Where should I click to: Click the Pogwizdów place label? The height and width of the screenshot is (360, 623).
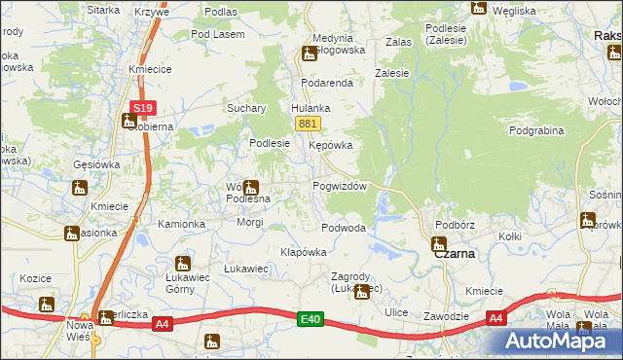click(339, 186)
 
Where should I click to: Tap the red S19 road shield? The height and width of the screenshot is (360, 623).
click(142, 107)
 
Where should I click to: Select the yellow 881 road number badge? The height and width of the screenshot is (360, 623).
click(308, 124)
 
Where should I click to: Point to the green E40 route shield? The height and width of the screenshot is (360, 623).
click(311, 318)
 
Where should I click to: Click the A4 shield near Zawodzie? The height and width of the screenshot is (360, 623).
click(495, 318)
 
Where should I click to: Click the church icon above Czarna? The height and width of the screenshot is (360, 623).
click(438, 242)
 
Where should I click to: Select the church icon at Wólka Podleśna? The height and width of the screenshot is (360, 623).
click(250, 187)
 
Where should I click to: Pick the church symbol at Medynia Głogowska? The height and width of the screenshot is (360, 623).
click(309, 54)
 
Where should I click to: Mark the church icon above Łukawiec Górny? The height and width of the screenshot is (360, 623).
click(182, 263)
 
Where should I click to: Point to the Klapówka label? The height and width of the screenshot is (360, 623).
click(303, 251)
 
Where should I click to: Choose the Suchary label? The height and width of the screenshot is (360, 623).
click(245, 108)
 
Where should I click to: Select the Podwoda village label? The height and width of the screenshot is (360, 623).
click(344, 228)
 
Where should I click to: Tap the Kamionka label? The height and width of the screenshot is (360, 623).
click(182, 224)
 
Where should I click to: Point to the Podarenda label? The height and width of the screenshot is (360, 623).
click(326, 83)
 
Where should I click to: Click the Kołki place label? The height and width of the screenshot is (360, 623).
click(510, 236)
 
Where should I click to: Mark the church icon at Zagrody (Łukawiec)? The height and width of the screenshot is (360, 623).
click(362, 291)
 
